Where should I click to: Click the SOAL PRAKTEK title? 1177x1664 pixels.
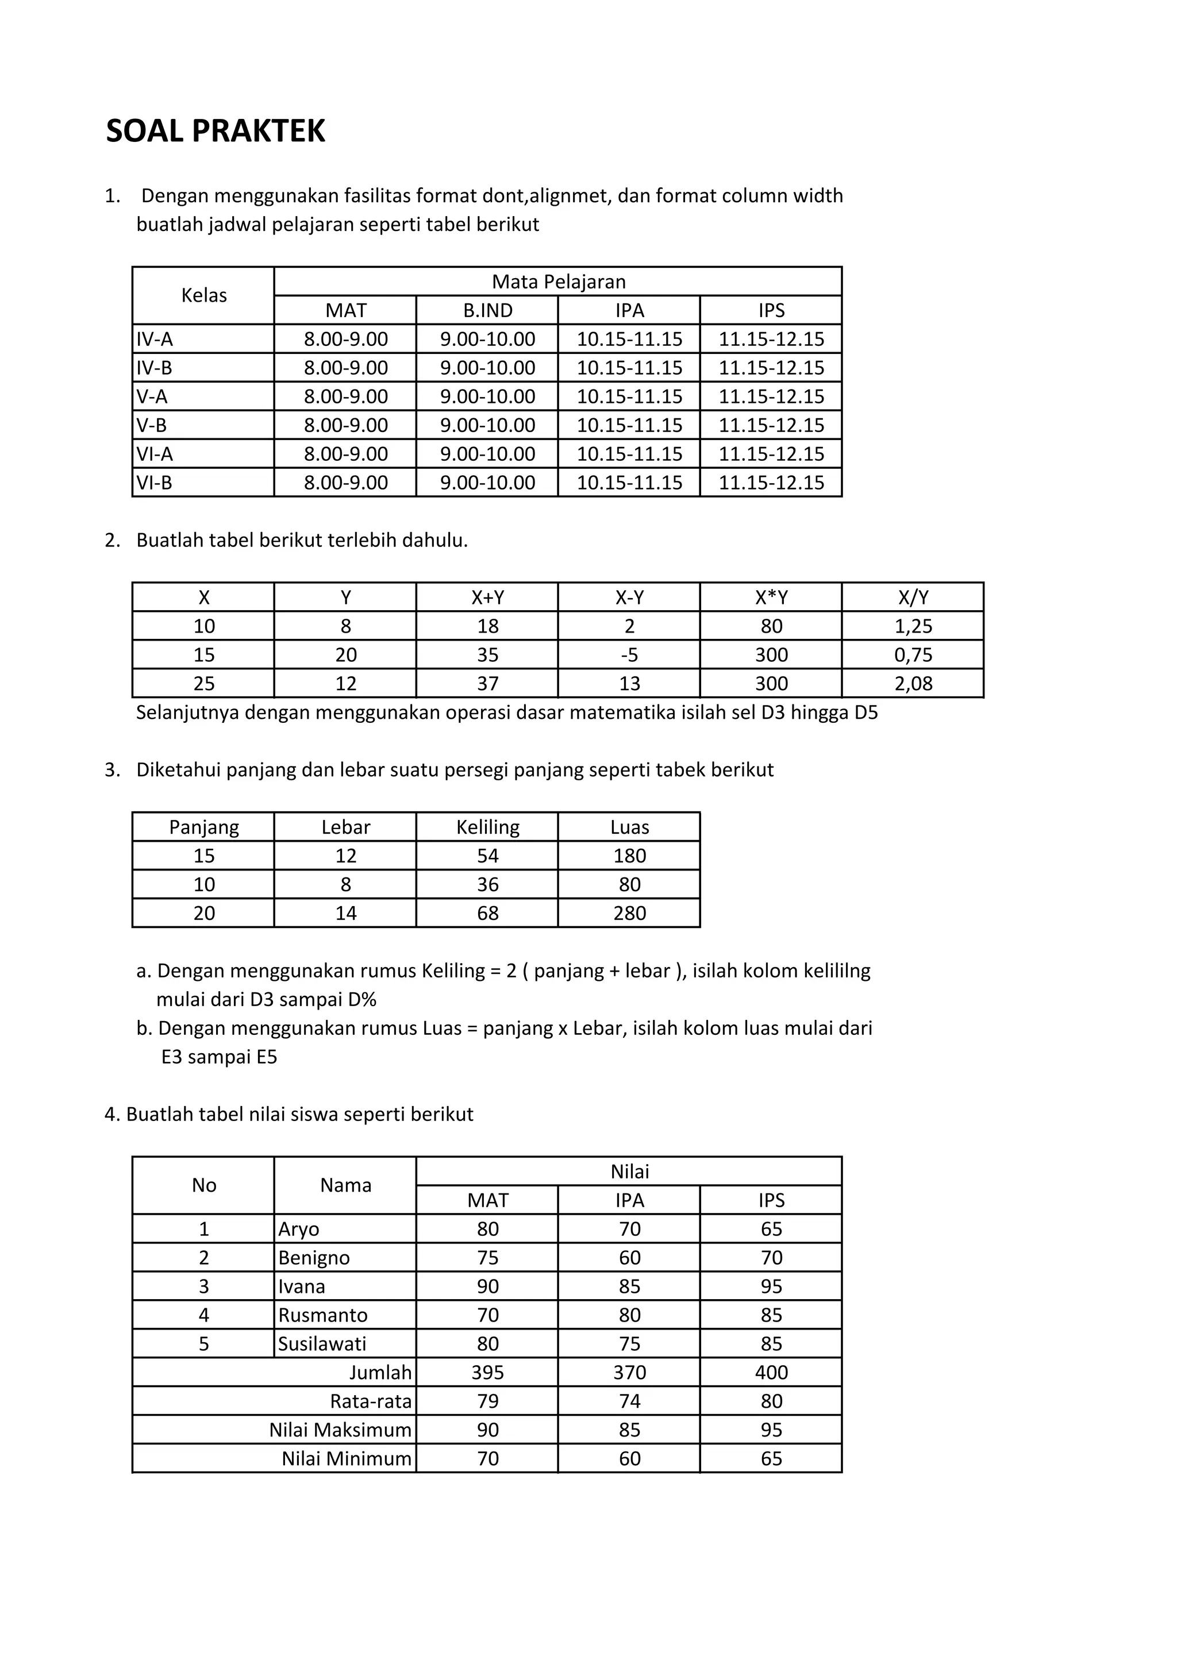[x=216, y=131]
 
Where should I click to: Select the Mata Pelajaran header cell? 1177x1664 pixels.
[x=558, y=281]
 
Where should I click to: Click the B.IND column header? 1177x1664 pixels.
[x=488, y=310]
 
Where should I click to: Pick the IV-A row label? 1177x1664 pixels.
[x=155, y=339]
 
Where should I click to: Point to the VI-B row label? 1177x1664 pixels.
[x=155, y=483]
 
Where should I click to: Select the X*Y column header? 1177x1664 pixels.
[x=771, y=597]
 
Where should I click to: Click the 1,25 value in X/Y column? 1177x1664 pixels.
[x=913, y=626]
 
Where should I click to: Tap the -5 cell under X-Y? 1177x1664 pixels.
[x=629, y=655]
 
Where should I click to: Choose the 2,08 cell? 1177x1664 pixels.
[x=913, y=683]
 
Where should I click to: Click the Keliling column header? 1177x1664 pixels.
[x=488, y=827]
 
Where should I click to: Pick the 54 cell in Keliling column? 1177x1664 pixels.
[x=488, y=856]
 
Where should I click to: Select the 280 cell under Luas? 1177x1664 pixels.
[x=629, y=913]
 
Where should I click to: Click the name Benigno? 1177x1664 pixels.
[x=314, y=1257]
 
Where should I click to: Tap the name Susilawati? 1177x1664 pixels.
[x=322, y=1343]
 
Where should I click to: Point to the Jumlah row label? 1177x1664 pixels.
[x=380, y=1372]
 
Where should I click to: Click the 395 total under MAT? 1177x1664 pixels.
[x=488, y=1372]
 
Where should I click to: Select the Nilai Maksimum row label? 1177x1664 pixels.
[x=340, y=1430]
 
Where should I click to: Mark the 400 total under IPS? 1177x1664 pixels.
[x=771, y=1372]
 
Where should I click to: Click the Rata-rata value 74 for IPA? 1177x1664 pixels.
[x=629, y=1401]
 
